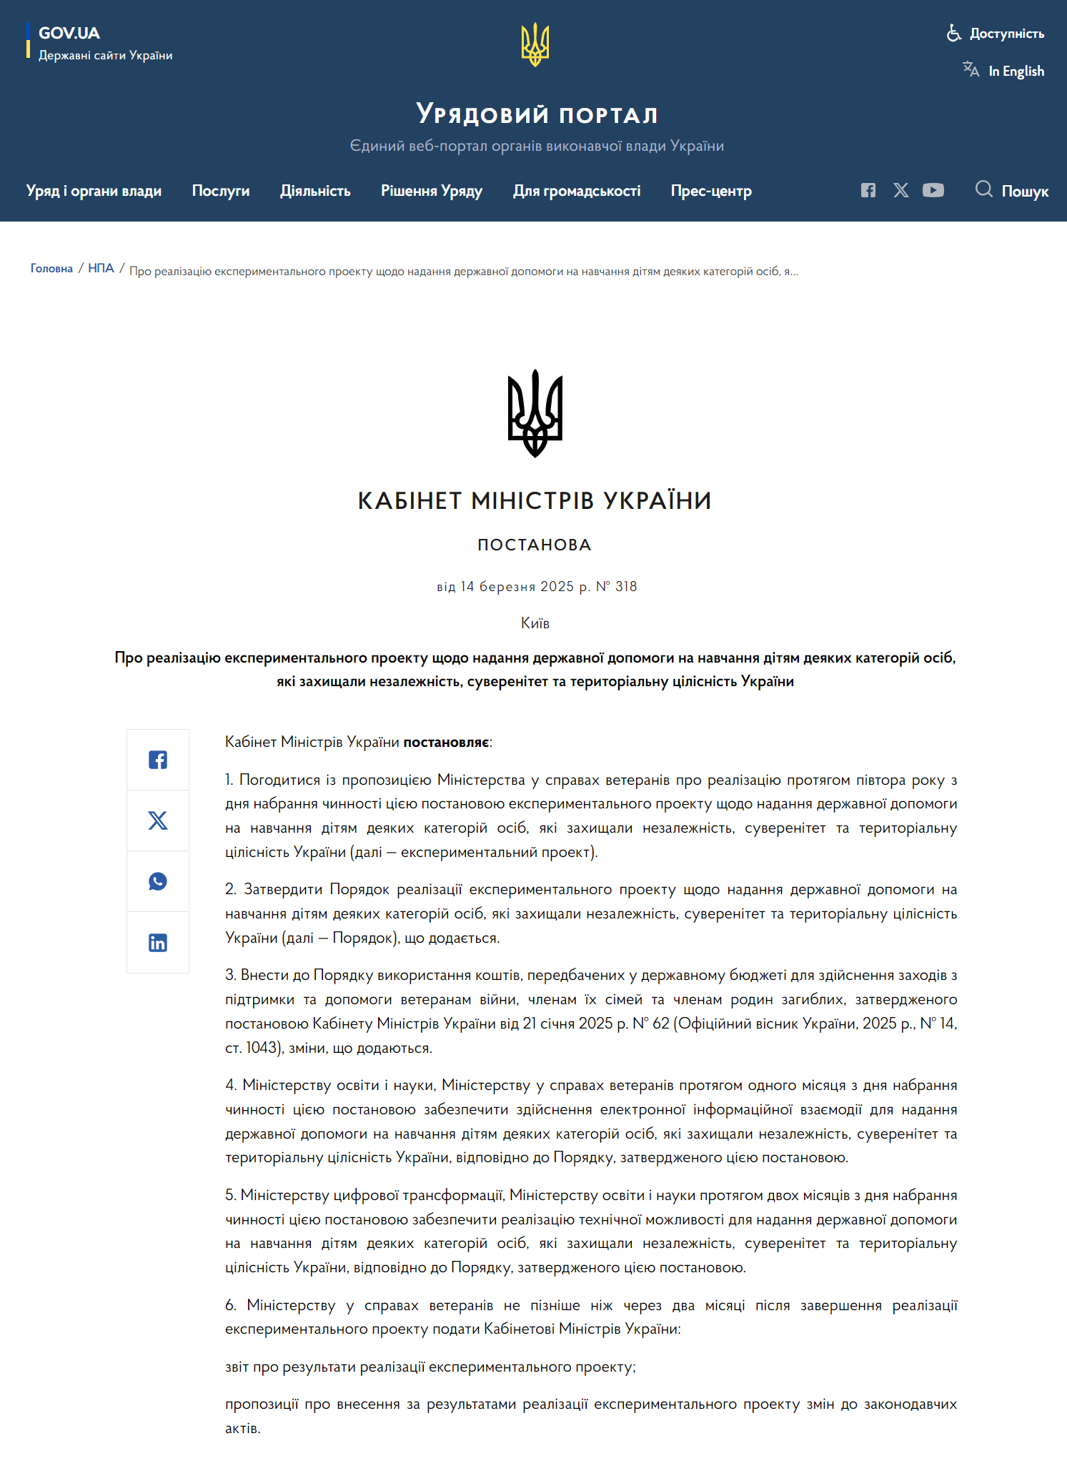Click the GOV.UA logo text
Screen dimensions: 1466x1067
(x=69, y=33)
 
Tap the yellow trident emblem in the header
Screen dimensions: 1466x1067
(x=535, y=44)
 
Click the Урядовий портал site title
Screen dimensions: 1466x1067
(x=536, y=114)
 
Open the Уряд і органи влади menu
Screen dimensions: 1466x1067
(x=94, y=191)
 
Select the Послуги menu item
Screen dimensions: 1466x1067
(x=220, y=191)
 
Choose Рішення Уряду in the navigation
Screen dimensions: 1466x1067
(x=431, y=191)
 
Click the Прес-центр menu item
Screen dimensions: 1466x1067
(x=710, y=191)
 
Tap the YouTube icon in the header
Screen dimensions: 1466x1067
(x=933, y=190)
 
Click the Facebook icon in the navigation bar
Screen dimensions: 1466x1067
(x=868, y=190)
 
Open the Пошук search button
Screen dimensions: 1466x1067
(x=1012, y=191)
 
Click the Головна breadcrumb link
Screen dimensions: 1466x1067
(x=51, y=268)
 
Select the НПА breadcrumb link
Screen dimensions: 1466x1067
(x=101, y=268)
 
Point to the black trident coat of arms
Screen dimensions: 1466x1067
(x=535, y=412)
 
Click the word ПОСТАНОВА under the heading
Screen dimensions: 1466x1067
(x=534, y=545)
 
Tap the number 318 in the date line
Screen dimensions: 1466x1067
(x=626, y=587)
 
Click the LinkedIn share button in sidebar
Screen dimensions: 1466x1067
(x=158, y=943)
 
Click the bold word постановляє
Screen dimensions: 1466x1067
(x=446, y=742)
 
